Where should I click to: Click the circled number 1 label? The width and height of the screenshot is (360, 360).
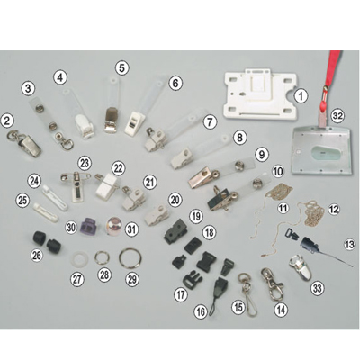(x=301, y=96)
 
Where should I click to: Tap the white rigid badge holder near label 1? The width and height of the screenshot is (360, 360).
(x=260, y=94)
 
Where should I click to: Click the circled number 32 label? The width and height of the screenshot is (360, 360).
(x=337, y=116)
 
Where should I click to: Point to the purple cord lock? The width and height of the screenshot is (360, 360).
(x=89, y=226)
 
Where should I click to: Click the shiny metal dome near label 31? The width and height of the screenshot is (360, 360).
(x=113, y=224)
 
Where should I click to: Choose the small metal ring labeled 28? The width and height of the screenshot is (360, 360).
(x=103, y=257)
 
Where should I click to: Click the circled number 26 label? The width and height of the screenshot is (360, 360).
(x=37, y=256)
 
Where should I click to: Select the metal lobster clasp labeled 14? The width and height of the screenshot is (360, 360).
(x=272, y=283)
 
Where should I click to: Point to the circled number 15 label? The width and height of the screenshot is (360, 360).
(x=238, y=307)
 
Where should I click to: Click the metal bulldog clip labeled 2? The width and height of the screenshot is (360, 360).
(x=25, y=143)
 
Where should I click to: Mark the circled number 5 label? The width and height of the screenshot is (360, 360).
(x=121, y=67)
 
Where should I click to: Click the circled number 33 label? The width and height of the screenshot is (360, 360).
(x=318, y=288)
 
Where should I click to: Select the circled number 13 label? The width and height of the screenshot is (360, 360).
(x=350, y=245)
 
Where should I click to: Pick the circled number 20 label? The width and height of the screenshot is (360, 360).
(x=175, y=200)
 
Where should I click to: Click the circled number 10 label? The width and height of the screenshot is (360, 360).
(x=278, y=172)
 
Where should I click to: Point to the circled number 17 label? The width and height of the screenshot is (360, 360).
(x=181, y=294)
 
